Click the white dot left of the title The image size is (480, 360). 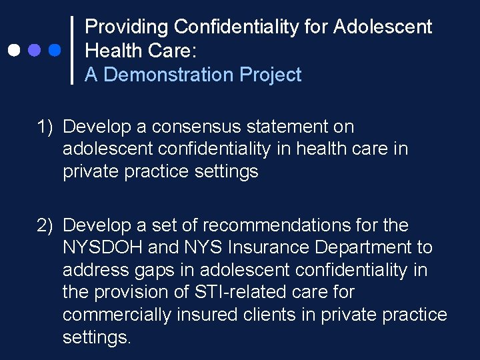(x=13, y=50)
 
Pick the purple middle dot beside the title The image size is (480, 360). (x=34, y=50)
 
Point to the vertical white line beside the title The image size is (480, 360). (x=72, y=50)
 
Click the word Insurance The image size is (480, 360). (x=269, y=248)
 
